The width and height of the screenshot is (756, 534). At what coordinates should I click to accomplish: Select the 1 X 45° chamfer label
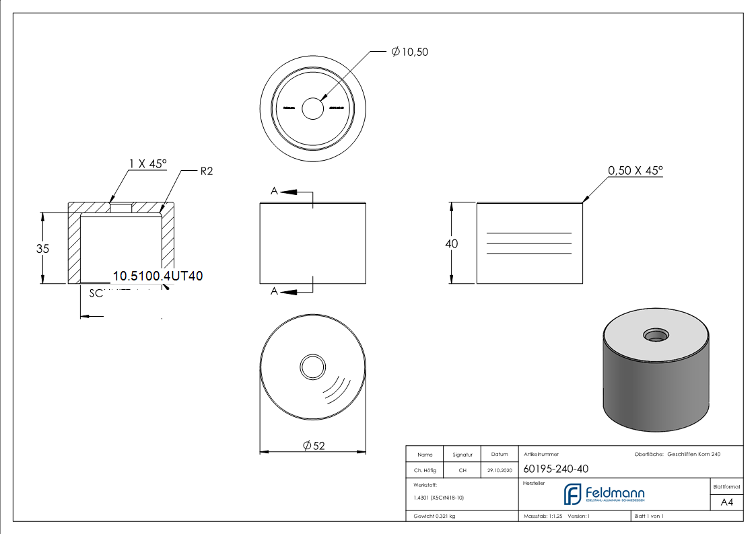point(147,163)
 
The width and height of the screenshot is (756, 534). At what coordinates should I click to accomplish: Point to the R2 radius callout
point(206,171)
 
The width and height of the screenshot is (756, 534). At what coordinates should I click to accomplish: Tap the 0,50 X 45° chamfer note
point(635,171)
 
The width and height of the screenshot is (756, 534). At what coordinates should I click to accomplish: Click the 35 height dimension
point(43,248)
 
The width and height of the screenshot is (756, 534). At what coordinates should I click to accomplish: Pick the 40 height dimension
point(451,243)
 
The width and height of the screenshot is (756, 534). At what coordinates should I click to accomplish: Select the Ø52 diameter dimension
point(314,445)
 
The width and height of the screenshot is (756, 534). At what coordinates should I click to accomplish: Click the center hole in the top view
point(313,108)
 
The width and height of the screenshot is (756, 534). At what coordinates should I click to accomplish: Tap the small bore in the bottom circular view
point(312,367)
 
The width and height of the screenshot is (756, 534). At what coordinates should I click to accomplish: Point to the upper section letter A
point(274,192)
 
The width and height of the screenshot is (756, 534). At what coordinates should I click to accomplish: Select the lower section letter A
point(274,291)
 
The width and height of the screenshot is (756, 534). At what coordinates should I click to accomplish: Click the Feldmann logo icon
point(572,494)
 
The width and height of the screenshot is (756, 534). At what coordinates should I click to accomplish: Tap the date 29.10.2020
point(499,470)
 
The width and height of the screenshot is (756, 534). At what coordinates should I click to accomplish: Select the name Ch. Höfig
point(425,470)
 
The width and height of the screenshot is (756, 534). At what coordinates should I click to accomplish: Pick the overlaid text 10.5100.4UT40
point(158,275)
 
